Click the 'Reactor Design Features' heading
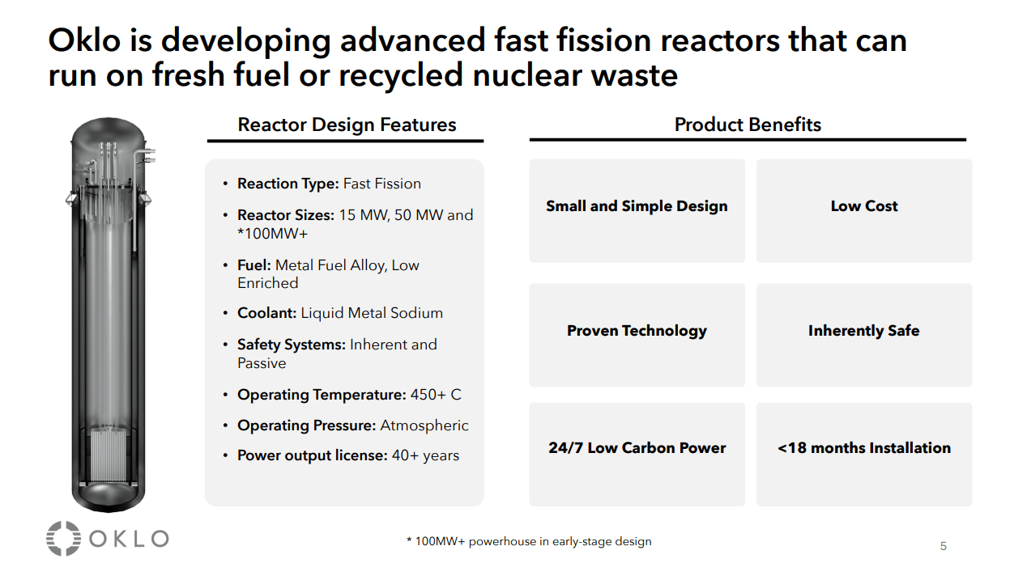347,125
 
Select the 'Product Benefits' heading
748,125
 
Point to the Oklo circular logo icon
63,539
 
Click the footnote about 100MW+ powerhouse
528,541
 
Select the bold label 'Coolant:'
267,313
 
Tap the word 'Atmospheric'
424,425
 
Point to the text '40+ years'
425,455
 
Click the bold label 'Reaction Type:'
288,184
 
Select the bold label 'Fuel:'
254,265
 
